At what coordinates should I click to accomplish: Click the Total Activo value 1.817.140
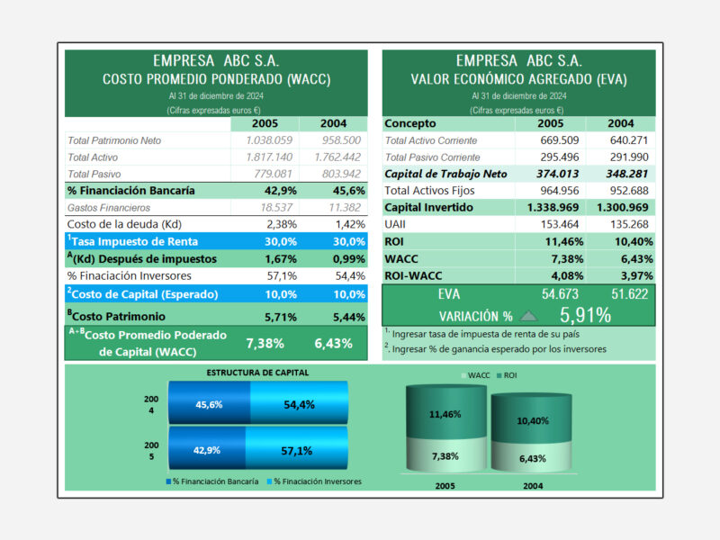[269, 157]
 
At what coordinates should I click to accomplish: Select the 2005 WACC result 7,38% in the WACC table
[265, 344]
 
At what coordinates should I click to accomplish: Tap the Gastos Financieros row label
[109, 208]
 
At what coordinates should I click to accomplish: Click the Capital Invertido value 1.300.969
[622, 208]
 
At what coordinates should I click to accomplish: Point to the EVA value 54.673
[560, 294]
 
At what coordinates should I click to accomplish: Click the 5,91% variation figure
[586, 316]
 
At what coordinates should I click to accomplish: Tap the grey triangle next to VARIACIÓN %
[528, 316]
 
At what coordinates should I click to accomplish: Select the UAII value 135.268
[629, 224]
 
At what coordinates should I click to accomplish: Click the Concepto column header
[410, 123]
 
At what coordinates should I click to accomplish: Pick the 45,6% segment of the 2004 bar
[210, 402]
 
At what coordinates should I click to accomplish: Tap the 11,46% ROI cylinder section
[445, 412]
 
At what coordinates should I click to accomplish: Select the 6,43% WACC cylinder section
[532, 457]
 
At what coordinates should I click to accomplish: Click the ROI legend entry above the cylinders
[507, 375]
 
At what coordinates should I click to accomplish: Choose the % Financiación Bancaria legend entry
[212, 481]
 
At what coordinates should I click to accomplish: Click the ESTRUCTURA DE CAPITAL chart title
[257, 373]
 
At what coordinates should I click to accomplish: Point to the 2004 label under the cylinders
[533, 486]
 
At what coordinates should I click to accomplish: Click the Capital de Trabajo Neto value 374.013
[557, 174]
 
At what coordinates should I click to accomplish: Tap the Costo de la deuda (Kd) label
[124, 224]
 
